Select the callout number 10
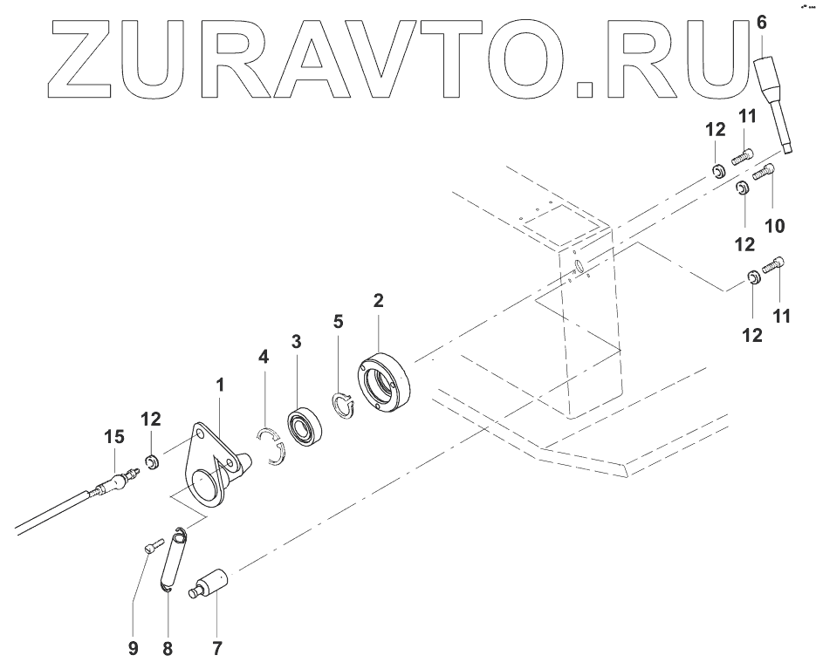(x=775, y=226)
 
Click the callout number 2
(x=379, y=301)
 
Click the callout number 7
(x=216, y=648)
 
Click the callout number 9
(x=134, y=648)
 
